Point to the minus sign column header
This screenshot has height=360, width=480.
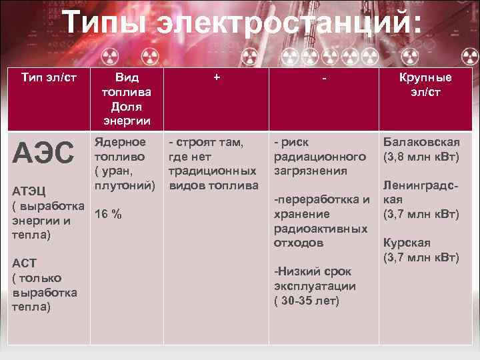tap(323, 78)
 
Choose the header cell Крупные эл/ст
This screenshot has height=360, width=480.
tap(425, 84)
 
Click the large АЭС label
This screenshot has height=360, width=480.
tap(44, 153)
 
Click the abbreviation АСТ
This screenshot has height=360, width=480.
tap(25, 263)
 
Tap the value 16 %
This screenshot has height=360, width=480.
tap(108, 214)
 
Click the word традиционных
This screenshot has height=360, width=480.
tap(212, 171)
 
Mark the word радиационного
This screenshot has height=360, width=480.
tap(320, 157)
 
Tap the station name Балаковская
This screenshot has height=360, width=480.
tap(421, 142)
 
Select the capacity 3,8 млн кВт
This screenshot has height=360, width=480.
tap(421, 157)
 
